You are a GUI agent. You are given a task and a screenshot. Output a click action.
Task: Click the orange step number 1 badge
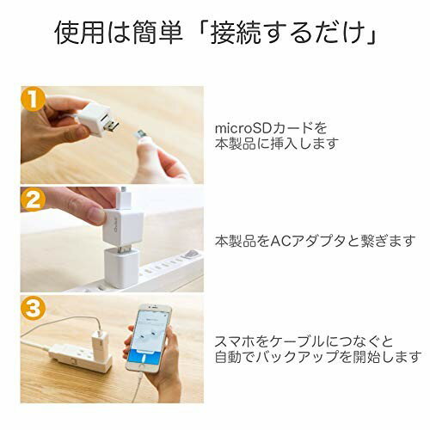(33, 99)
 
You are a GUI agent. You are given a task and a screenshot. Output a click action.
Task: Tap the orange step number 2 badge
(33, 200)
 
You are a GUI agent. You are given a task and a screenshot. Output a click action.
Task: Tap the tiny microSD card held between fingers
(141, 133)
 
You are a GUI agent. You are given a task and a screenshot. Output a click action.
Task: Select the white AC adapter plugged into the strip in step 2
(121, 267)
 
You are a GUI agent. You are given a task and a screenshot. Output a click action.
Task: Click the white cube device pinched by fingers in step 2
(123, 227)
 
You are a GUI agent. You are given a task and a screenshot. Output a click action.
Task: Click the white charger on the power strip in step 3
(99, 341)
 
